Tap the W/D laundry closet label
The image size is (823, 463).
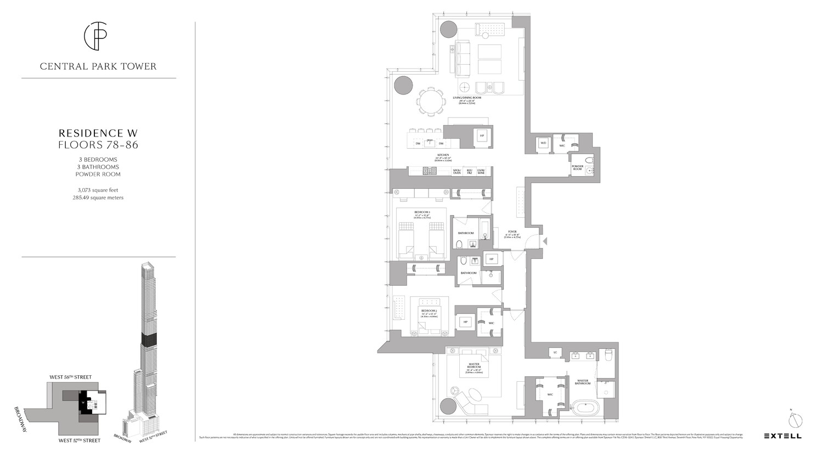click(x=544, y=144)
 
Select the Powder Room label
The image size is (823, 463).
click(x=577, y=168)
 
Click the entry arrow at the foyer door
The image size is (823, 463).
click(x=545, y=241)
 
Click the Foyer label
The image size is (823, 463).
click(x=512, y=233)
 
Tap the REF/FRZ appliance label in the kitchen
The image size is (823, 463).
click(x=469, y=171)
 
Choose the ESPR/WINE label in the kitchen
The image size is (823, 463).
click(x=481, y=171)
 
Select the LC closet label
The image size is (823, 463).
click(x=555, y=352)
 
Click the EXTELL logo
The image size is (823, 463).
click(x=782, y=436)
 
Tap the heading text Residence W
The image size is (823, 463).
click(x=98, y=133)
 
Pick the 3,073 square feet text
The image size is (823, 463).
click(x=98, y=190)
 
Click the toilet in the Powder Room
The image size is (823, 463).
click(x=589, y=161)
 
